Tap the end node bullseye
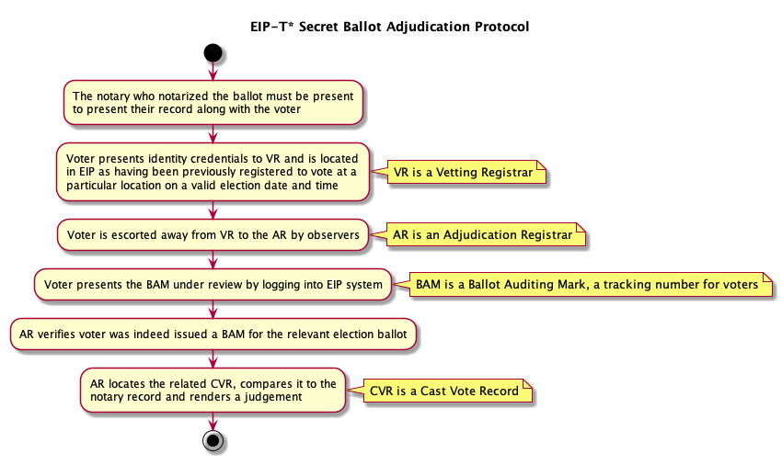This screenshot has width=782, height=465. click(x=213, y=441)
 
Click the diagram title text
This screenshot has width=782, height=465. click(x=390, y=27)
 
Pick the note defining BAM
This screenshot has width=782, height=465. click(x=585, y=285)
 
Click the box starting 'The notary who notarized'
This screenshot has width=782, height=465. click(x=213, y=102)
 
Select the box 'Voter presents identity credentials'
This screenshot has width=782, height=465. click(x=213, y=172)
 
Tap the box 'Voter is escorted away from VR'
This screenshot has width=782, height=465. click(x=213, y=234)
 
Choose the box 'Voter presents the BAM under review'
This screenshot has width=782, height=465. click(x=213, y=285)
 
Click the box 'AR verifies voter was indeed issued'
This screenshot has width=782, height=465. click(x=213, y=335)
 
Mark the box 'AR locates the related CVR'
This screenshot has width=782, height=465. click(x=213, y=391)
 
